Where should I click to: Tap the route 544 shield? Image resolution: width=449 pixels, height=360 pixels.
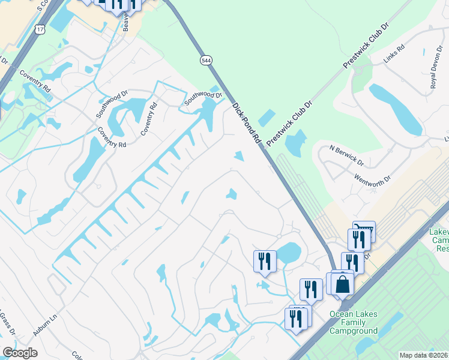click(x=206, y=61)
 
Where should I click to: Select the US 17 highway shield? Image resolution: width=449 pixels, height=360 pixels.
click(x=40, y=28)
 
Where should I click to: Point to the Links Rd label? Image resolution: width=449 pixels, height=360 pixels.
click(x=394, y=53)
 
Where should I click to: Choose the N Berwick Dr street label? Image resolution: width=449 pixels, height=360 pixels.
click(x=347, y=155)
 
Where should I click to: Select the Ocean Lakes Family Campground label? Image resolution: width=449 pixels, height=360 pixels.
click(x=354, y=322)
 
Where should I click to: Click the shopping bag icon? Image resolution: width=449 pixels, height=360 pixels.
click(x=342, y=283)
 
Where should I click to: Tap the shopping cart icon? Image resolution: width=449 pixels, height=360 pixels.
click(x=364, y=231)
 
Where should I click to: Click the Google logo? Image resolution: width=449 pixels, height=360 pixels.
click(x=20, y=353)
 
